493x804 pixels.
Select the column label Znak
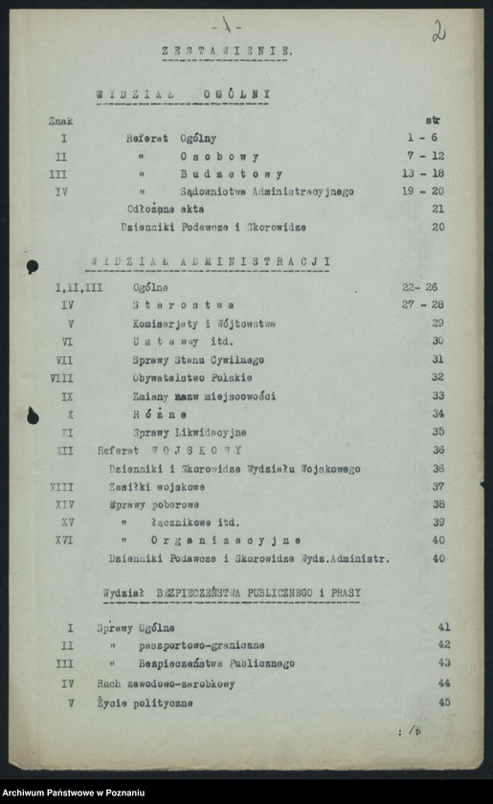60,122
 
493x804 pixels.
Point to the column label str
432,122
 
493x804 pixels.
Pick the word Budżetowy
231,174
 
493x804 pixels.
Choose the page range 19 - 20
424,191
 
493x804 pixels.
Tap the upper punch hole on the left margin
32,266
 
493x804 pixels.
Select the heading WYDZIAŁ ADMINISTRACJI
210,261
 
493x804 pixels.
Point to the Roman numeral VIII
60,378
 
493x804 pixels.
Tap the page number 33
437,395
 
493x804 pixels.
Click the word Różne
159,414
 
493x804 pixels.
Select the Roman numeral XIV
63,503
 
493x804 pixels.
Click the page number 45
443,702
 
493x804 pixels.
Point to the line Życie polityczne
145,703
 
